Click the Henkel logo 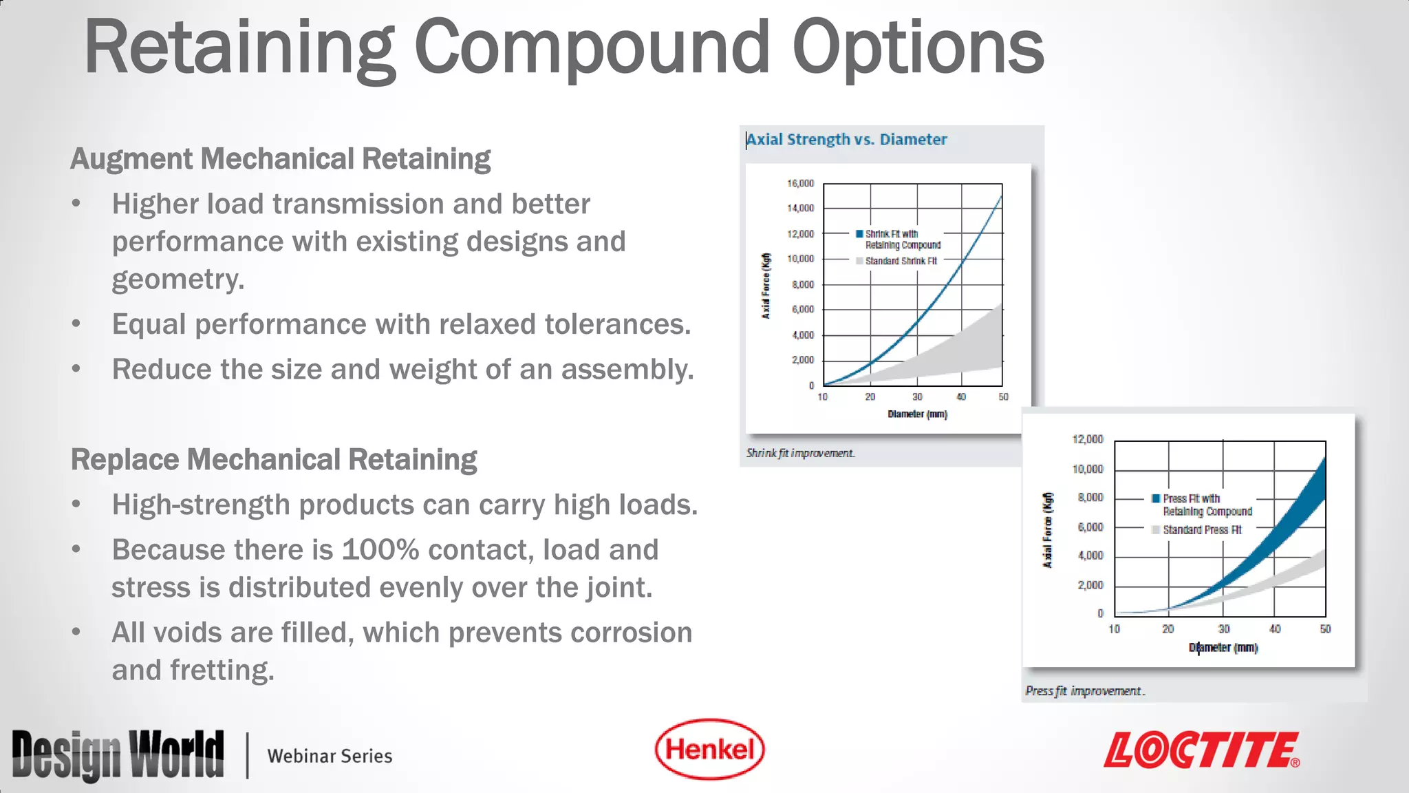(x=709, y=749)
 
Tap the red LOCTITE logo (x=1201, y=750)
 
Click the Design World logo (x=118, y=755)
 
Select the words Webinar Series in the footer (x=330, y=756)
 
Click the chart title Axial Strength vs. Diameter (x=846, y=140)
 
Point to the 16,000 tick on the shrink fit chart (x=800, y=184)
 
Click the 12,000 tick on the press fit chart (x=1087, y=439)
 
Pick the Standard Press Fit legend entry (x=1201, y=530)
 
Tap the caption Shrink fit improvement (x=800, y=453)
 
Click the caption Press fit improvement (x=1084, y=690)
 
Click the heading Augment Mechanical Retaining (x=280, y=159)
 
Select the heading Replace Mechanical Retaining (x=274, y=460)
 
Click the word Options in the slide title (x=918, y=48)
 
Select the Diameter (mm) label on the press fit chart (x=1223, y=648)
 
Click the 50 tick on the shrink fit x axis (x=1003, y=397)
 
